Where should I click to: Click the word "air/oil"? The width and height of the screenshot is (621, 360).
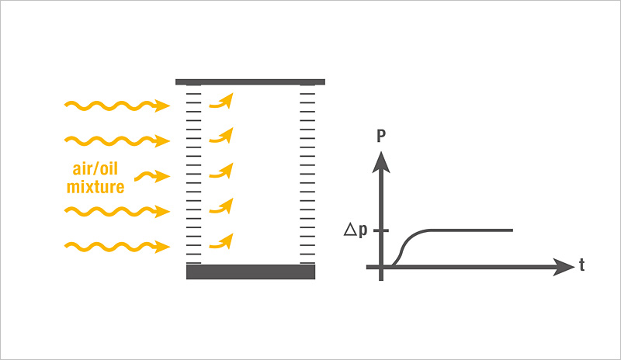pyautogui.click(x=95, y=169)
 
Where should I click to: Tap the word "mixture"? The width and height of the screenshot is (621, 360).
pyautogui.click(x=95, y=186)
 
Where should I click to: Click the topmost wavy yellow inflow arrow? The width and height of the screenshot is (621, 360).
pyautogui.click(x=117, y=106)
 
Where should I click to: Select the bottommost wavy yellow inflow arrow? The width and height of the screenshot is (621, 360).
pyautogui.click(x=117, y=247)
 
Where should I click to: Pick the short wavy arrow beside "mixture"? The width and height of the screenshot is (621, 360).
pyautogui.click(x=152, y=176)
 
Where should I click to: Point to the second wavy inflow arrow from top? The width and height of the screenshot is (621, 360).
pyautogui.click(x=117, y=140)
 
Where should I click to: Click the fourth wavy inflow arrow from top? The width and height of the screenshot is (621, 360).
pyautogui.click(x=117, y=212)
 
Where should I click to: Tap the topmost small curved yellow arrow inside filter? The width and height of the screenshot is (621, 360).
pyautogui.click(x=222, y=101)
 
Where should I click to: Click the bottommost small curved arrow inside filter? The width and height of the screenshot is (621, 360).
pyautogui.click(x=222, y=241)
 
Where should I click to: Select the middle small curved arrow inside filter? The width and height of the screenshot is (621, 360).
pyautogui.click(x=222, y=171)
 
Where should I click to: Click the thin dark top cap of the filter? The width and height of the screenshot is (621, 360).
pyautogui.click(x=250, y=82)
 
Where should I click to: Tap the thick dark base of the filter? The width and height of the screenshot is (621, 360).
pyautogui.click(x=251, y=272)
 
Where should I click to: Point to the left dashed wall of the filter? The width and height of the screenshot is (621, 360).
pyautogui.click(x=193, y=174)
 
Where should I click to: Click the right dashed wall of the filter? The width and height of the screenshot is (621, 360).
pyautogui.click(x=307, y=174)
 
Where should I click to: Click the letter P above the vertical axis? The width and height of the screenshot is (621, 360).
pyautogui.click(x=381, y=136)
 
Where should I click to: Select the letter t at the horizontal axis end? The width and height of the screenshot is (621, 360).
pyautogui.click(x=581, y=265)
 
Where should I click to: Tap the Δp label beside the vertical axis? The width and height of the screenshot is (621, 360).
pyautogui.click(x=356, y=230)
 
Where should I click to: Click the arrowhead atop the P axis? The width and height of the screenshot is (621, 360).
pyautogui.click(x=381, y=162)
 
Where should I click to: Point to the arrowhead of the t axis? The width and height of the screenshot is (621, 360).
pyautogui.click(x=564, y=267)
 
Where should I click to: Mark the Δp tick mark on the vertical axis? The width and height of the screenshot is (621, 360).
pyautogui.click(x=381, y=230)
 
